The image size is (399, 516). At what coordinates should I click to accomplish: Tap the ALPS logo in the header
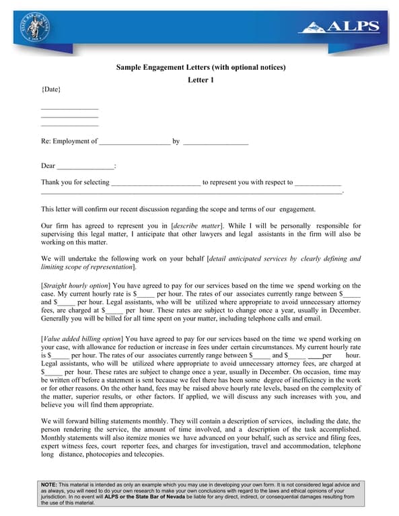point(339,28)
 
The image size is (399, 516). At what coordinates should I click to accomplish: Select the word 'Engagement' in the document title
point(164,67)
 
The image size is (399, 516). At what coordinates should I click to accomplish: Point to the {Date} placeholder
point(51,89)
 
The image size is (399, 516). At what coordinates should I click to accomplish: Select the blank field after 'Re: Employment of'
point(134,142)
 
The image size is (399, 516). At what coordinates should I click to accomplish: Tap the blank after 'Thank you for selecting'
point(155,182)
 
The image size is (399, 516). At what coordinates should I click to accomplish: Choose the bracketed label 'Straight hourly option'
point(75,286)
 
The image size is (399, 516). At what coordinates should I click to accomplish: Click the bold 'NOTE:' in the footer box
point(49,484)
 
